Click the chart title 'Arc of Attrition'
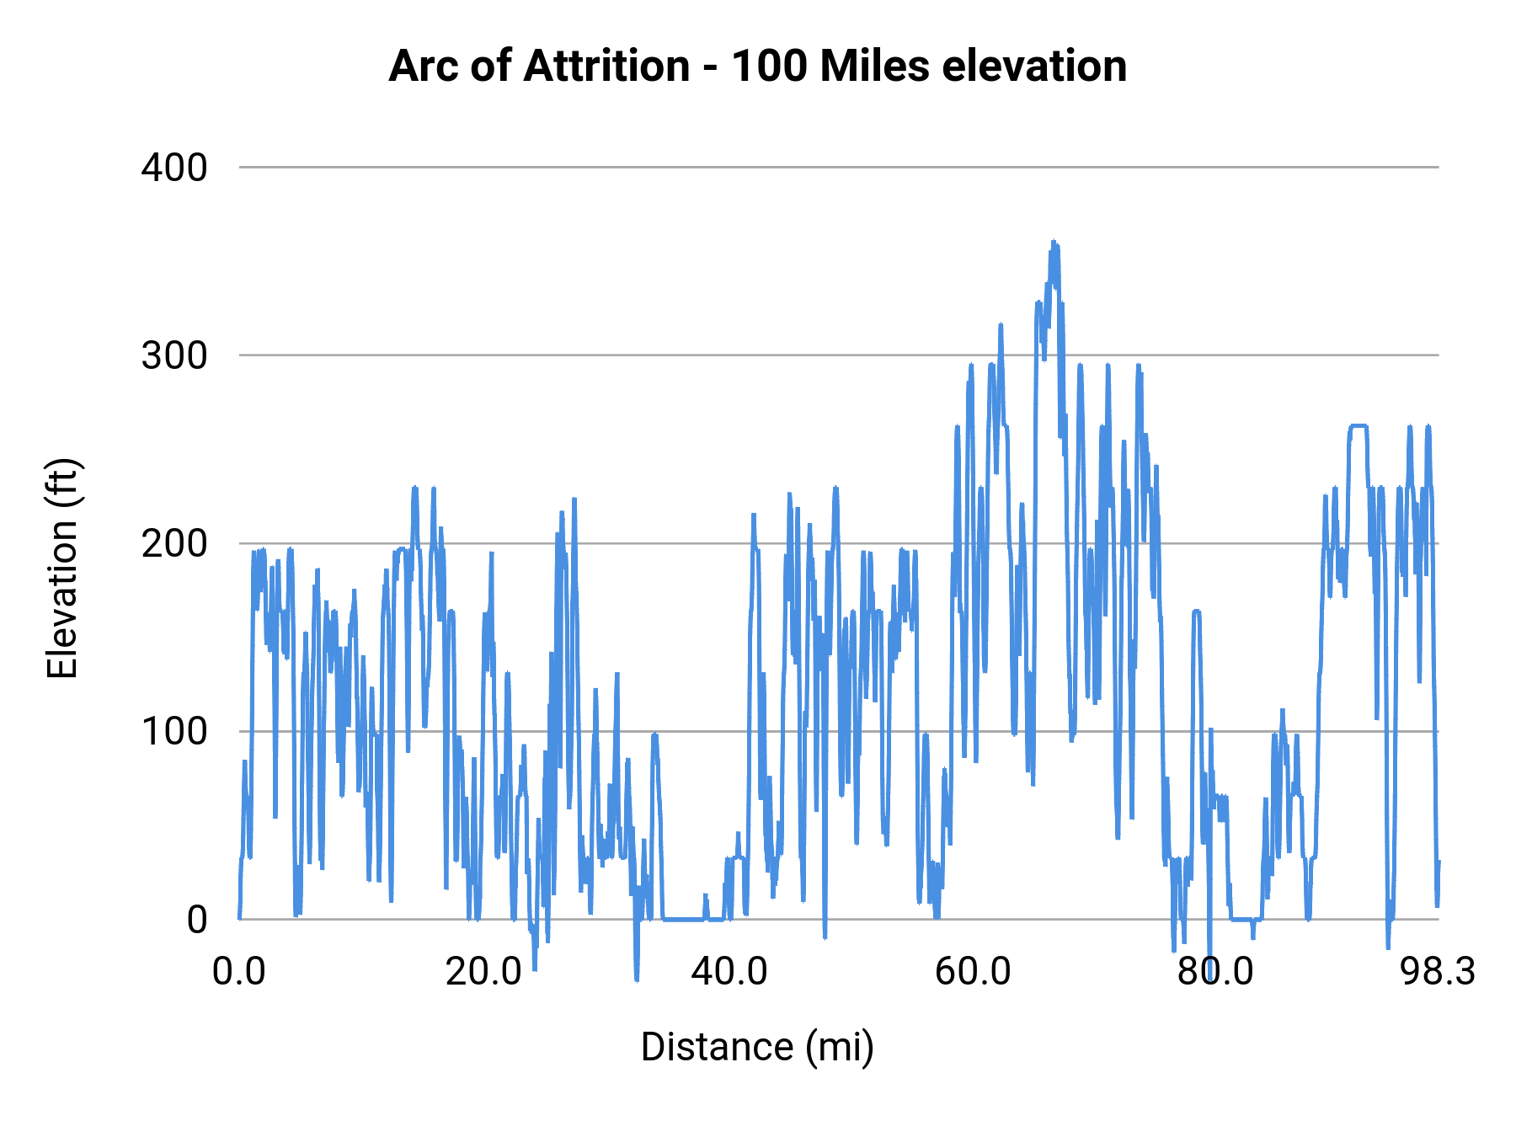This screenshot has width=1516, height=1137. click(x=539, y=66)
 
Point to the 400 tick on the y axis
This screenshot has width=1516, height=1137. click(x=173, y=168)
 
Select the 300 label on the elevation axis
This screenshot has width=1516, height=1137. click(x=173, y=355)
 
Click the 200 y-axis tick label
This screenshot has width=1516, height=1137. click(x=173, y=543)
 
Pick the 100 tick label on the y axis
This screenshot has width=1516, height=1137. click(x=173, y=731)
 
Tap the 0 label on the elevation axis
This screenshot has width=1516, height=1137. click(x=196, y=919)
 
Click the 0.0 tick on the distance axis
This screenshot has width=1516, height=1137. click(x=239, y=971)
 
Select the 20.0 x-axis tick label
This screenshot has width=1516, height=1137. click(x=483, y=971)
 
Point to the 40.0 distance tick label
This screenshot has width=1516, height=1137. click(x=729, y=971)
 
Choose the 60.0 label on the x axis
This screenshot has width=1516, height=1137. click(x=973, y=971)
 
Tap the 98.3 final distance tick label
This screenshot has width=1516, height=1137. click(x=1438, y=971)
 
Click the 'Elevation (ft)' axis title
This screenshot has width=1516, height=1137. click(x=61, y=568)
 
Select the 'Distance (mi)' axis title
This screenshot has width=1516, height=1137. click(x=757, y=1047)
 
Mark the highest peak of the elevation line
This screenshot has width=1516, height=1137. click(x=1053, y=243)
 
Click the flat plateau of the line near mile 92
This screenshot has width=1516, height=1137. click(x=1358, y=426)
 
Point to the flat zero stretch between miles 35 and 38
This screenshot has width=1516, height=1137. click(x=682, y=919)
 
